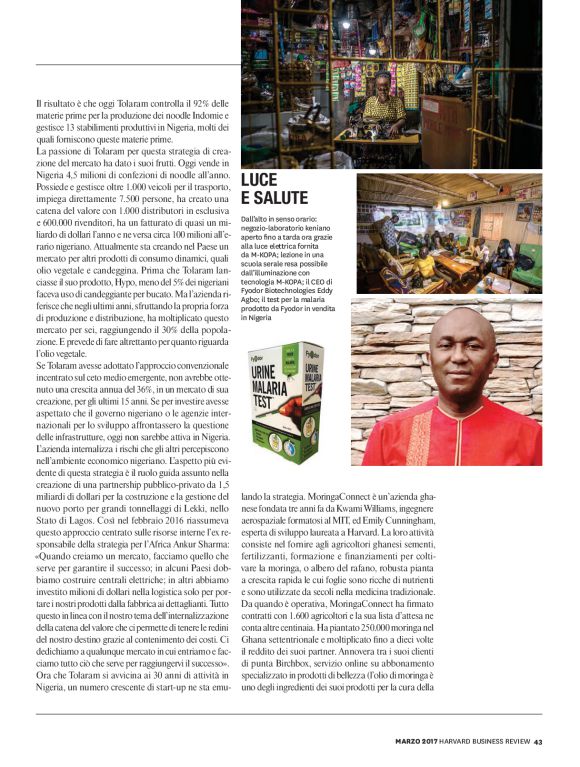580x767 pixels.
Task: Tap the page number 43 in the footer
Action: tap(537, 742)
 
